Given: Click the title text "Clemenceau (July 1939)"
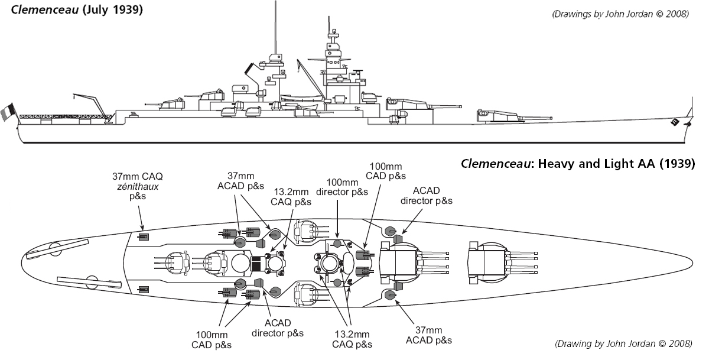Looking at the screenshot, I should [x=73, y=9].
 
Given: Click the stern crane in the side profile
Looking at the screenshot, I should [x=89, y=104].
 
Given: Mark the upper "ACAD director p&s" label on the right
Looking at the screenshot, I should [x=427, y=195].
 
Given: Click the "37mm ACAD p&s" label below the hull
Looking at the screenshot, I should [x=429, y=335].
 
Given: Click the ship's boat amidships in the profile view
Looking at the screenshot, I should [x=301, y=98].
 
